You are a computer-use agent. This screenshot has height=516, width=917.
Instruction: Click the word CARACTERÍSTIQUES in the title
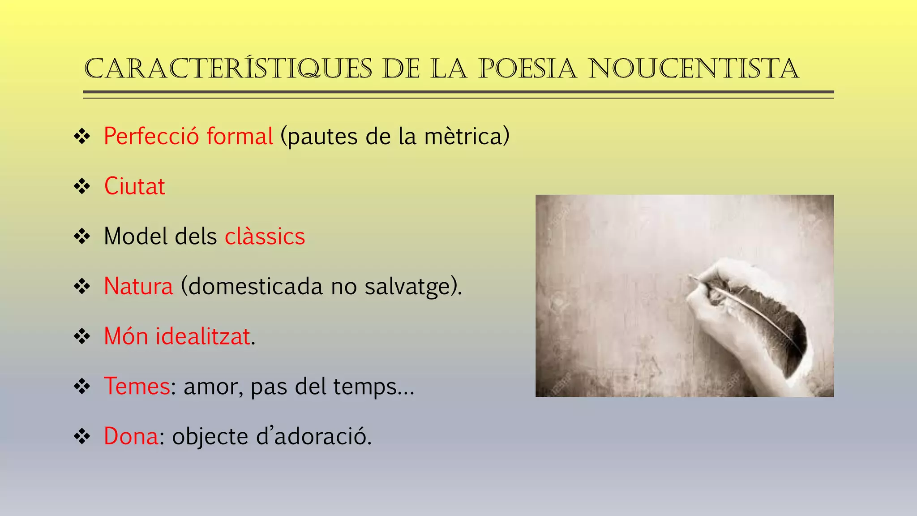click(x=228, y=69)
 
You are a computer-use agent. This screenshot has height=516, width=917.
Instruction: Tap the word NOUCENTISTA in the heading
click(x=694, y=69)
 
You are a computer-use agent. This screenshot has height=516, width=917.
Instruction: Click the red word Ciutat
click(x=134, y=186)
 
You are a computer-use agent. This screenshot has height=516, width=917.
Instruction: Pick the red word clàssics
click(x=265, y=236)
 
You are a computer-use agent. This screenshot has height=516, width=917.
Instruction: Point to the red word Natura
click(x=138, y=287)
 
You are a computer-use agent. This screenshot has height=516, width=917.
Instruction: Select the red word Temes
click(x=137, y=386)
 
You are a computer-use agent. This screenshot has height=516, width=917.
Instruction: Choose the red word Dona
click(x=131, y=436)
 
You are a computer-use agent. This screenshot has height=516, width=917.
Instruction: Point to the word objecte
click(x=210, y=437)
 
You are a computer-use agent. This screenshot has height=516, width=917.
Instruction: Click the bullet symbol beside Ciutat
click(x=82, y=186)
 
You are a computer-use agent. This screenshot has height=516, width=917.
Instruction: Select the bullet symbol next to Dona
click(x=82, y=436)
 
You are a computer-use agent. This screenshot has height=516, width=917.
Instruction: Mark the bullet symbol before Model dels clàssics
click(x=82, y=236)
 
